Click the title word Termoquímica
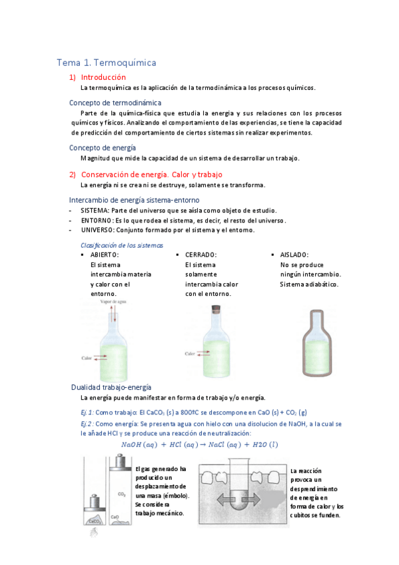[126, 63]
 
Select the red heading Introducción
[103, 77]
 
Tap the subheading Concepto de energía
[103, 148]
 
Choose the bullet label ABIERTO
[105, 255]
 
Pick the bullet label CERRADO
[200, 255]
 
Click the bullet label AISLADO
[294, 255]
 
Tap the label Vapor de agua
[114, 302]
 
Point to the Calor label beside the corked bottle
[191, 354]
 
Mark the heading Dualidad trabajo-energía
[111, 387]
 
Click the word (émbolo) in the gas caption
[174, 496]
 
